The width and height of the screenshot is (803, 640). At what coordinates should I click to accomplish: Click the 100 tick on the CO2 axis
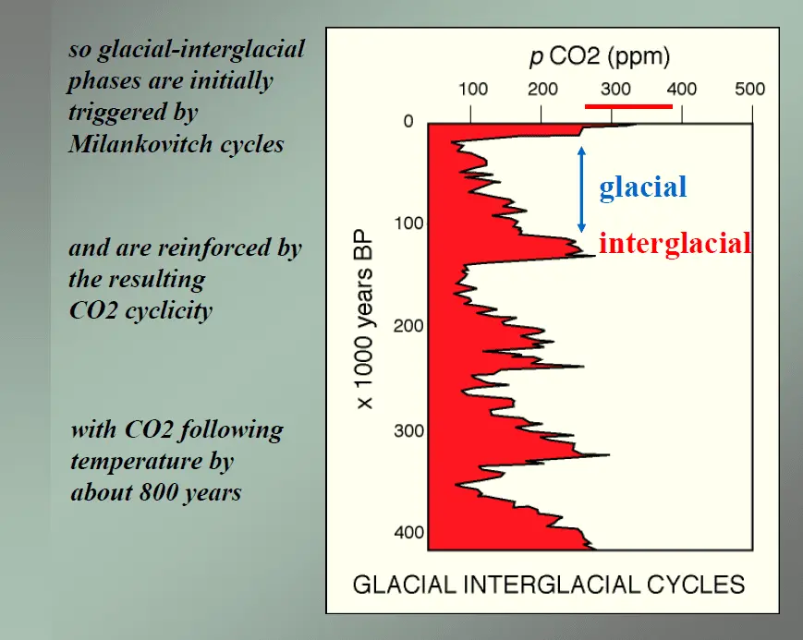coord(473,90)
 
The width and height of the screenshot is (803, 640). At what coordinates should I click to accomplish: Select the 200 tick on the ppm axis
coord(542,90)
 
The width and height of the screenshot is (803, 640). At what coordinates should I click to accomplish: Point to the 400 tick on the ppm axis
coord(682,90)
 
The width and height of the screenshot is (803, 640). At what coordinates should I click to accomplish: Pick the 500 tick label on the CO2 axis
coord(750,90)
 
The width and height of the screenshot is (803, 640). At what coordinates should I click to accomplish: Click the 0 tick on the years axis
coord(408,123)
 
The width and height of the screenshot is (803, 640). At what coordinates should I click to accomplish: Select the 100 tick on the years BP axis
coord(403,224)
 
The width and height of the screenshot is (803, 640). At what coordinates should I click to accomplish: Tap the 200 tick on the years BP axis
coord(403,327)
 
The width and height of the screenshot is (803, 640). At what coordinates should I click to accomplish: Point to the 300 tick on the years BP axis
coord(403,431)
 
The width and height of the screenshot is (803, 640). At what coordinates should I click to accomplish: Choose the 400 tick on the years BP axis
coord(403,533)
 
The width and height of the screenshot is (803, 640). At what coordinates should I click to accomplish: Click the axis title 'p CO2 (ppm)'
coord(599,57)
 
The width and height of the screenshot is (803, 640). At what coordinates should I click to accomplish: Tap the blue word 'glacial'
coord(642,187)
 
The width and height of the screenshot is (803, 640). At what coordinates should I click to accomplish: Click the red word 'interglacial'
coord(675,244)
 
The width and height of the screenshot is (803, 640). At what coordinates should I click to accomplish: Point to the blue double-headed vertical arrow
coord(581,188)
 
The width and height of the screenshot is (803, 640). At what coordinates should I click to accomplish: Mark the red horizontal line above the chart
coord(628,106)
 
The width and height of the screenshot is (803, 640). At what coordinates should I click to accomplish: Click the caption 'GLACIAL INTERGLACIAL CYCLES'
coord(549,585)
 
